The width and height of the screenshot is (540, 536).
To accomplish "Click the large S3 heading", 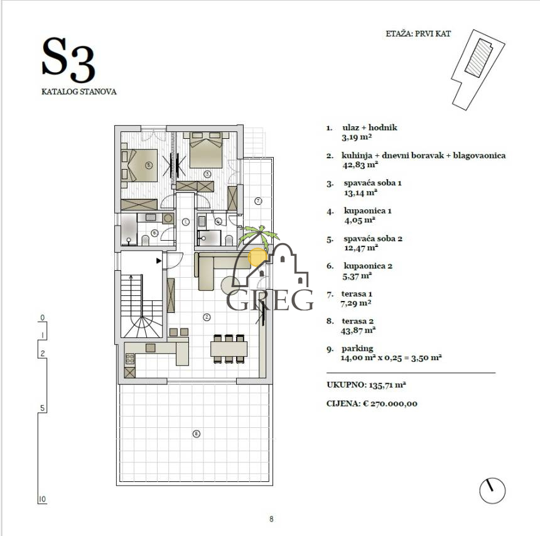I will click(x=68, y=60).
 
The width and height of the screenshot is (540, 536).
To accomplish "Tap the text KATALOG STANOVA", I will click(x=79, y=91).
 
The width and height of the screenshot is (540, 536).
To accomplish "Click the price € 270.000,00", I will click(x=390, y=403).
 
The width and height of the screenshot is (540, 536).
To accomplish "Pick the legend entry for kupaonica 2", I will click(x=368, y=266).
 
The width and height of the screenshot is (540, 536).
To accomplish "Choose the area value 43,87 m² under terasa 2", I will click(x=358, y=329).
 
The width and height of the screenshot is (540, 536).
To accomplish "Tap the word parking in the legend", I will click(x=357, y=348).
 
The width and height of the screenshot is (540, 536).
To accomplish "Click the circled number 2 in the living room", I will click(x=207, y=317).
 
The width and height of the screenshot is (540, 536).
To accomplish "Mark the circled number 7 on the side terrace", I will click(x=257, y=200).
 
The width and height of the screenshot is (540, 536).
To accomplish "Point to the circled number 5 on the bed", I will click(x=148, y=165).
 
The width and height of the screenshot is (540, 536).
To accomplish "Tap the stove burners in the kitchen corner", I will click(x=130, y=359).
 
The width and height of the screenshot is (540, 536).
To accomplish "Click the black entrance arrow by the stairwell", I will click(x=159, y=259).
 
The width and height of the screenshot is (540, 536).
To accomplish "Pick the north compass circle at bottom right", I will click(x=492, y=490).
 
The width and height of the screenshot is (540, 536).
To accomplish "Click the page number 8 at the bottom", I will click(x=271, y=519).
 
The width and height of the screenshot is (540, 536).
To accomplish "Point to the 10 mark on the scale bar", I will click(x=42, y=500).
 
